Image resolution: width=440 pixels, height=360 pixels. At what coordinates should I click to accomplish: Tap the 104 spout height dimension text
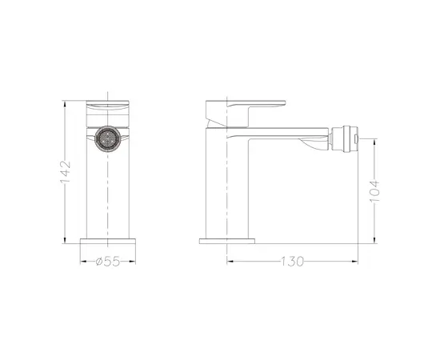(374, 192)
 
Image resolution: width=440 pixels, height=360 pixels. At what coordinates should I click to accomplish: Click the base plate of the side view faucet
(226, 240)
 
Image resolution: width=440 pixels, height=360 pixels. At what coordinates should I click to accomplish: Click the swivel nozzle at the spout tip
(346, 138)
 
